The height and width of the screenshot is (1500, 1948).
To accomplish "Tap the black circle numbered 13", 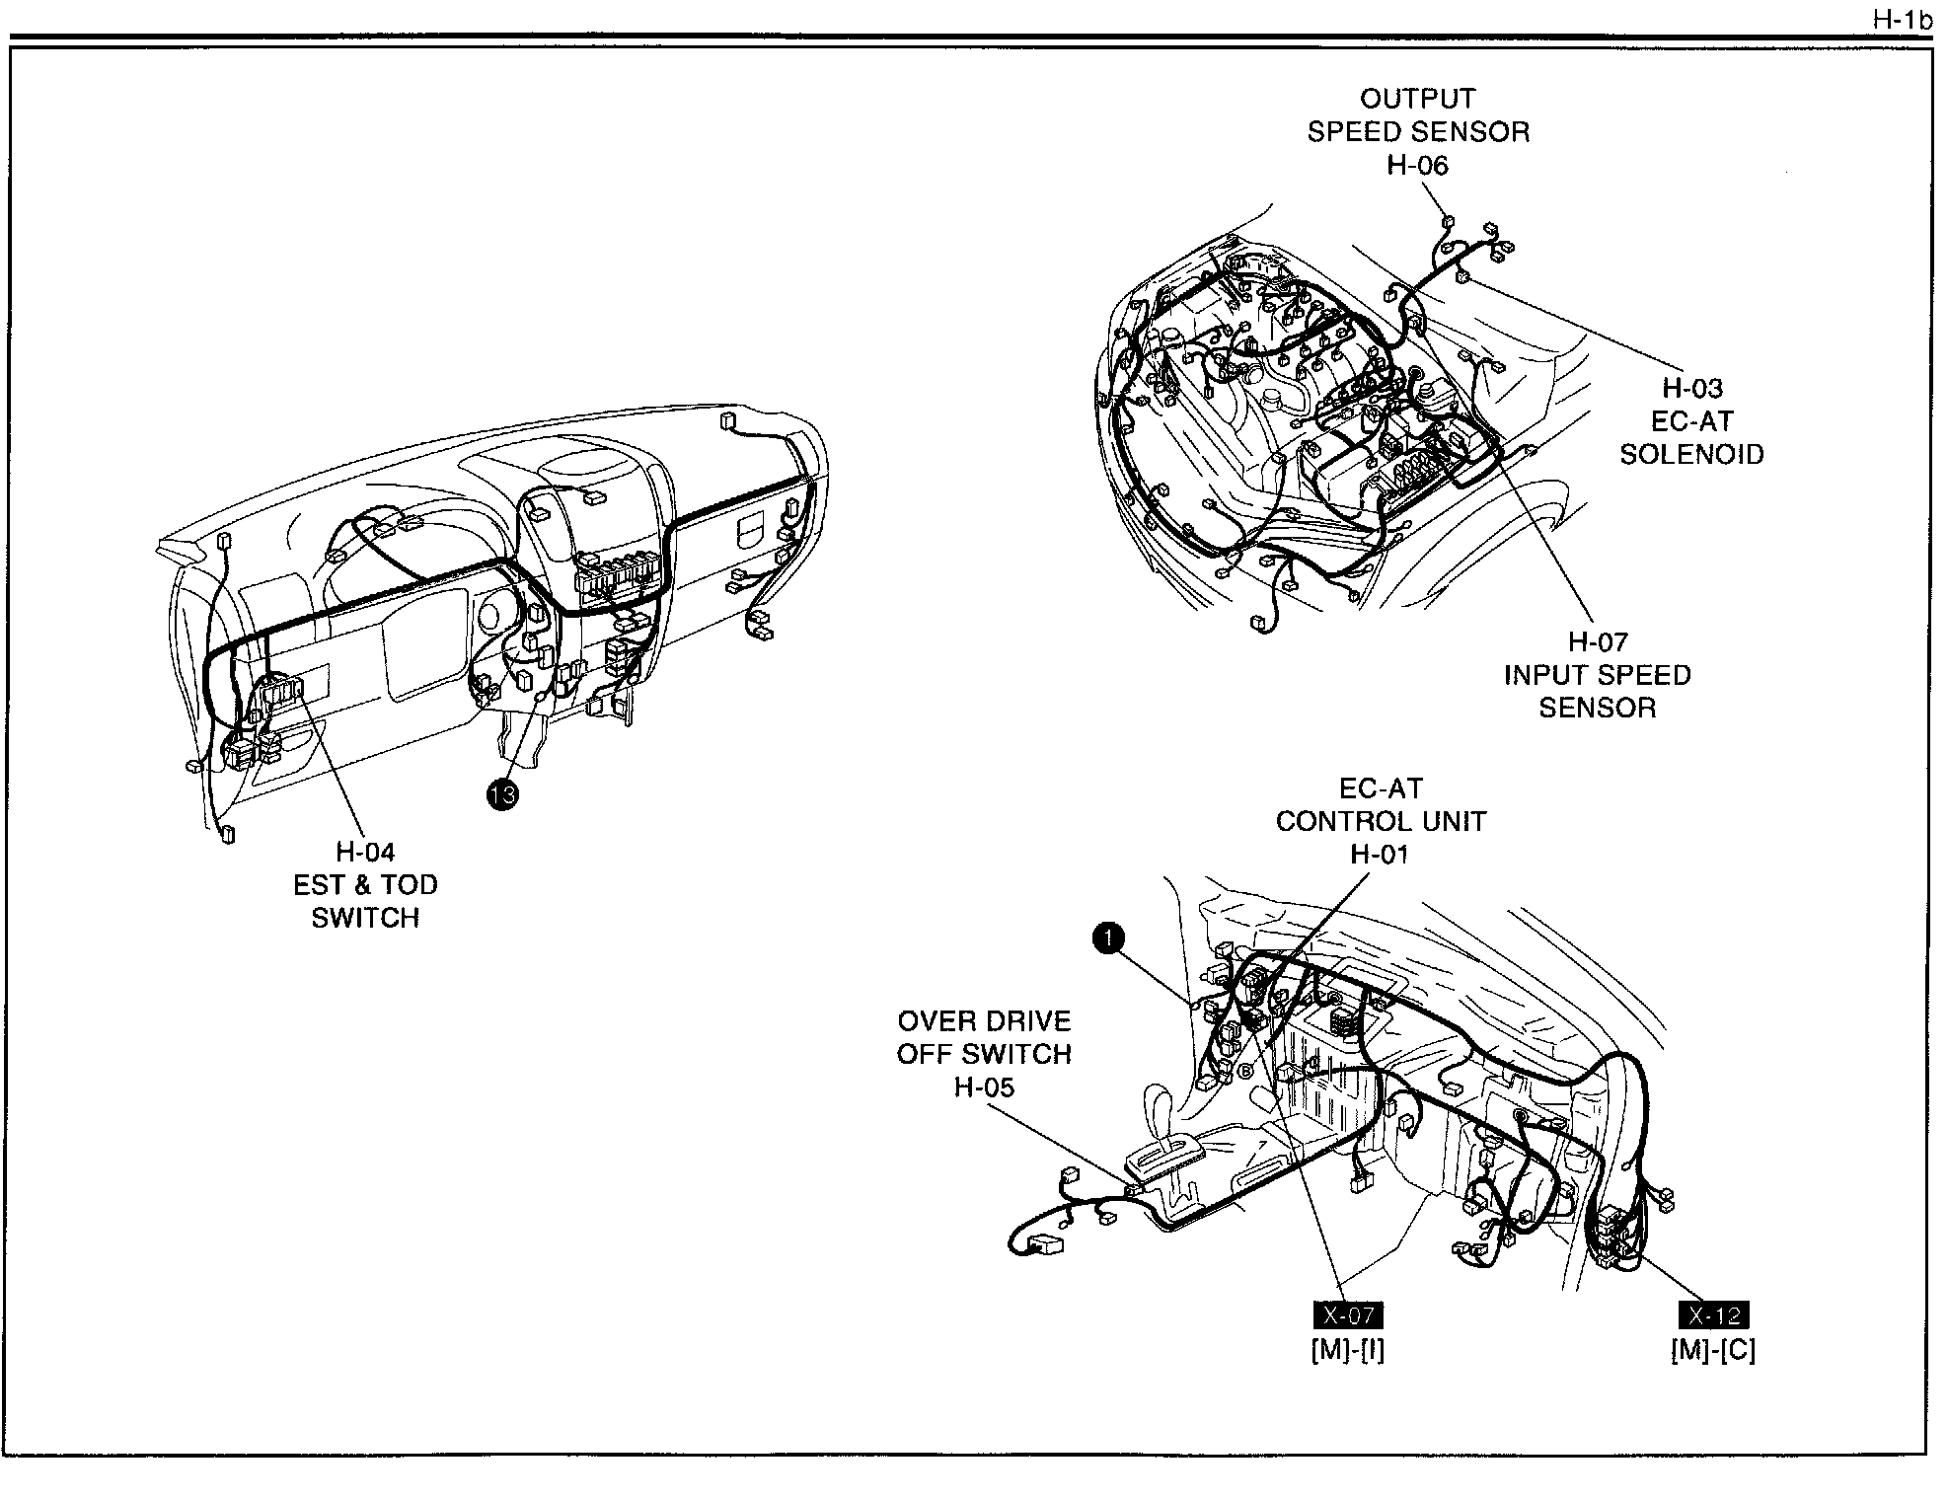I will coord(502,793).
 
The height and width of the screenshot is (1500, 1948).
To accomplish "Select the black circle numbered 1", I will coord(1108,938).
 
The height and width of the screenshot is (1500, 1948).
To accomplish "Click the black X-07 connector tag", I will coord(1347,1315).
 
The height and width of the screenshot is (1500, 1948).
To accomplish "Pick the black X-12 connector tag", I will coord(1713,1315).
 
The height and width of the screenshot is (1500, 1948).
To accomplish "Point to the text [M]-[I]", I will coord(1347,1350).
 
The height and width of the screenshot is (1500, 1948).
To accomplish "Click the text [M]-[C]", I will coord(1713,1350).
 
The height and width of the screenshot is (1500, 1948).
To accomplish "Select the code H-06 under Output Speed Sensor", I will coord(1417,165).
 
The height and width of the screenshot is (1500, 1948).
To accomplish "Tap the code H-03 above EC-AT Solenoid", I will coord(1692,389).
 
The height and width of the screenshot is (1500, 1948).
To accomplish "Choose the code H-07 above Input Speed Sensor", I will coord(1598,642).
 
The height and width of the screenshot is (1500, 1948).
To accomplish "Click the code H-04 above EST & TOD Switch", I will coord(365,852).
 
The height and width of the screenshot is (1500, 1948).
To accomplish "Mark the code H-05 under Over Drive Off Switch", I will coord(984,1087).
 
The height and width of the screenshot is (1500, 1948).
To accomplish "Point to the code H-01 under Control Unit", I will coord(1380,855).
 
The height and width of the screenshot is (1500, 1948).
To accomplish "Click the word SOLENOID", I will coord(1692,455).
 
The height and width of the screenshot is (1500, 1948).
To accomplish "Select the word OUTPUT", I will coord(1417,99).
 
